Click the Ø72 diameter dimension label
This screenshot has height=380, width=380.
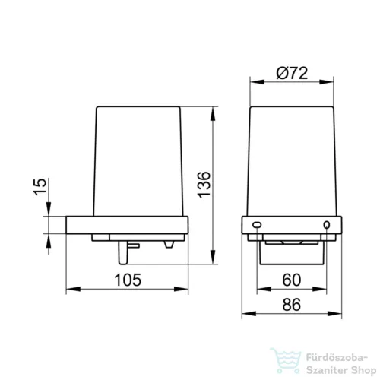point(292,73)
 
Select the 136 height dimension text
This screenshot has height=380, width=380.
point(204,185)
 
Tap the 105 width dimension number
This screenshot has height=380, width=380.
point(128,280)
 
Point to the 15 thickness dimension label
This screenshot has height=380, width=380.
point(40,187)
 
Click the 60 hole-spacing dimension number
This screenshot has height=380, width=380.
point(292,280)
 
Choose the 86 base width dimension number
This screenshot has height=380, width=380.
point(292,305)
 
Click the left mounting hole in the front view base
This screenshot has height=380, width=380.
point(257,224)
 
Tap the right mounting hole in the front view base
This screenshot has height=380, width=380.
point(327,224)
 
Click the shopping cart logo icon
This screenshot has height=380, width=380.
point(286,360)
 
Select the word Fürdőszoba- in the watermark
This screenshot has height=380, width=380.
point(337,358)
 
